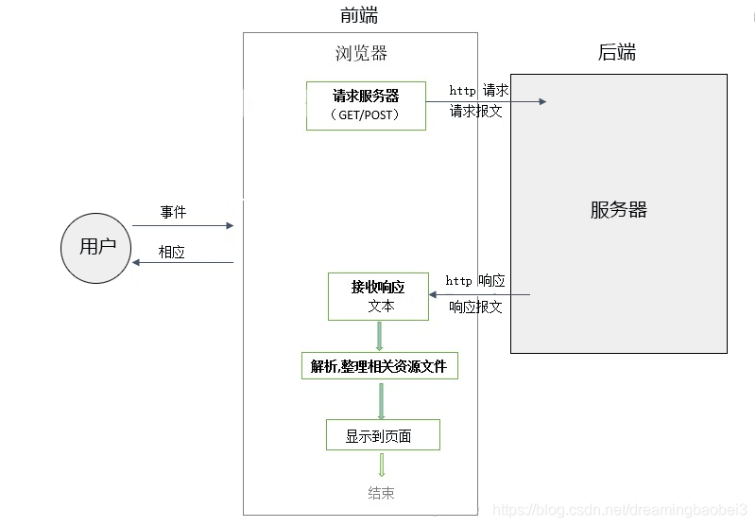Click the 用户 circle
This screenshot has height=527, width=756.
[97, 247]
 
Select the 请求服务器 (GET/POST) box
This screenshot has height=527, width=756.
[366, 105]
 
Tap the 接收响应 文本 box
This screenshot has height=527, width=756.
[378, 296]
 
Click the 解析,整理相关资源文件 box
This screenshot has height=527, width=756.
[379, 366]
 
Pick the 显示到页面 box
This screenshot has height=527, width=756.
[382, 435]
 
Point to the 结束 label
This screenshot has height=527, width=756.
[381, 493]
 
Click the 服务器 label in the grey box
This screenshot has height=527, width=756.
[618, 210]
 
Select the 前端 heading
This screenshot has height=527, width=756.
[359, 15]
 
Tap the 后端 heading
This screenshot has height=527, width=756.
[617, 53]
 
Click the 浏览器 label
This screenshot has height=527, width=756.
[361, 53]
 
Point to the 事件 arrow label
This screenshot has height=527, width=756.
[173, 212]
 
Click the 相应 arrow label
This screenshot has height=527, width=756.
[172, 253]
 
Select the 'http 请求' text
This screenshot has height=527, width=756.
[479, 91]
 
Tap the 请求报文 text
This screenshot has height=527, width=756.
[476, 111]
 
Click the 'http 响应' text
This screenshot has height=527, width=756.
[475, 281]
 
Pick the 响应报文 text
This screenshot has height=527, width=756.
[475, 307]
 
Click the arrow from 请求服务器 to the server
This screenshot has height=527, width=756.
[486, 100]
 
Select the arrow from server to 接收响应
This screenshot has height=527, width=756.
[479, 294]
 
